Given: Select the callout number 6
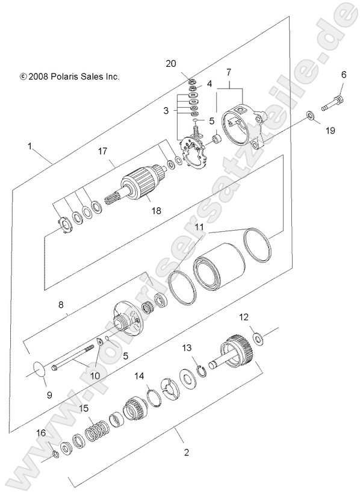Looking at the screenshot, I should pos(344,75).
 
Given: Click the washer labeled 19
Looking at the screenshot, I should pos(309,115).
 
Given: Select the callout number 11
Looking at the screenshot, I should pos(199,227).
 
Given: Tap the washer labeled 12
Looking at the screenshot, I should pos(259,340).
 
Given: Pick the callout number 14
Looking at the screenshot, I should pos(139,376).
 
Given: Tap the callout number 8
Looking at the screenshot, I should pos(61,305).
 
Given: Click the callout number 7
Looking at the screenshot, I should pos(228,73).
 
